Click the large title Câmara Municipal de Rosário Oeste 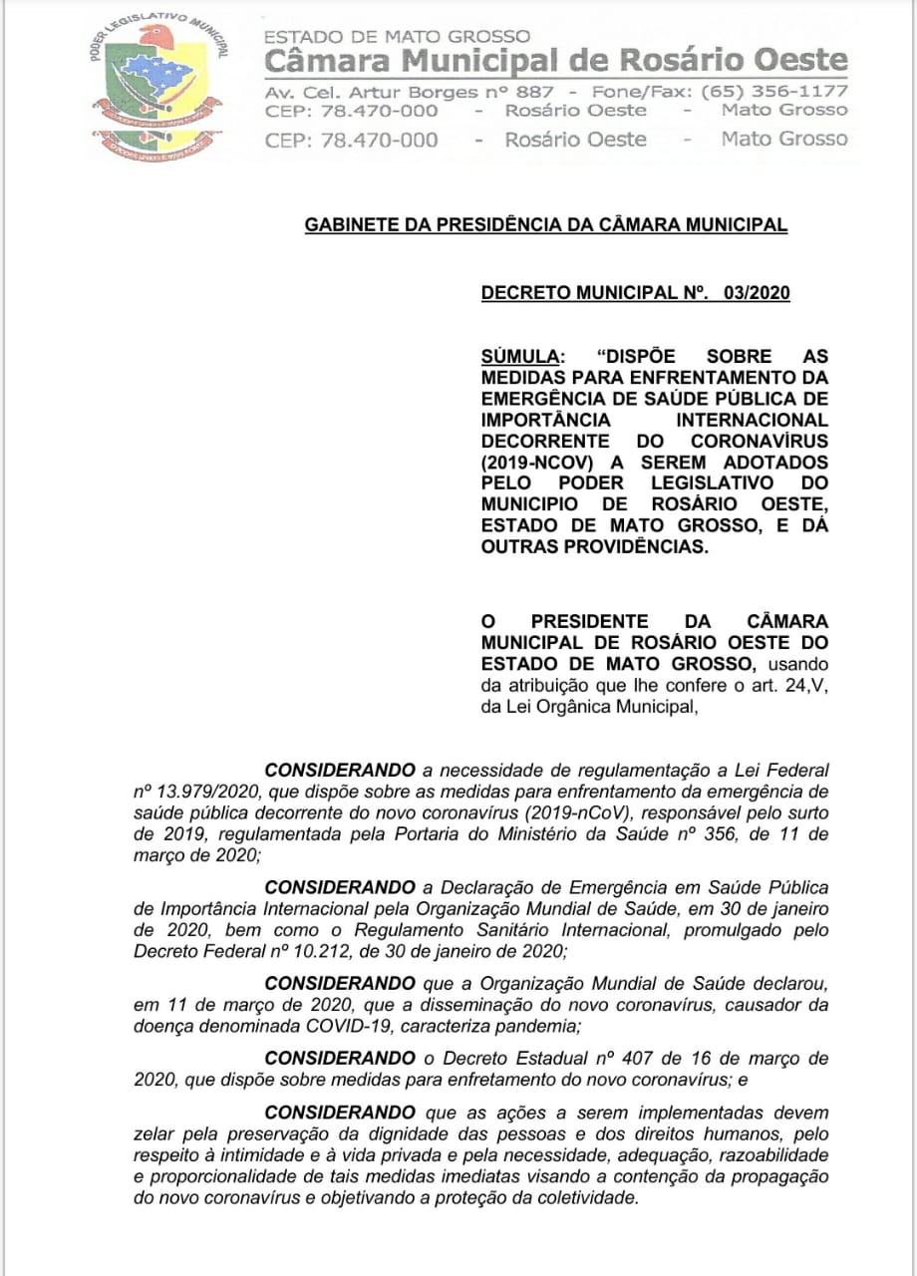click(556, 61)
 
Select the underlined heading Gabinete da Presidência click(545, 225)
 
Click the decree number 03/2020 click(758, 293)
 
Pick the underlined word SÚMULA click(518, 356)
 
